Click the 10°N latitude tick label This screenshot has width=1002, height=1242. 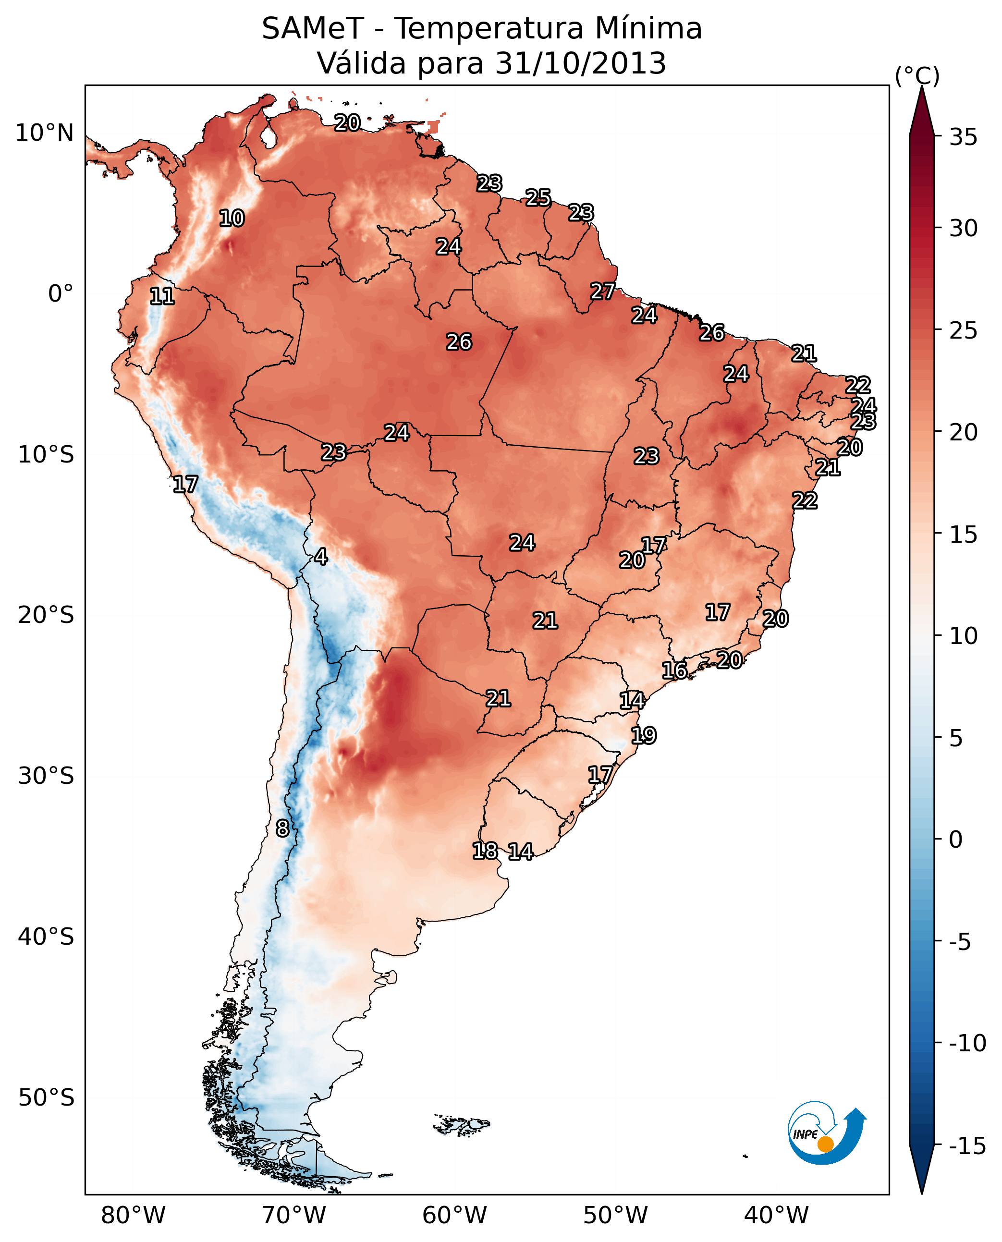pos(45,134)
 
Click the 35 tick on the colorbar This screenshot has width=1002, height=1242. pos(963,137)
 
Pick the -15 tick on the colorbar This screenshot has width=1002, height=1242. pos(967,1146)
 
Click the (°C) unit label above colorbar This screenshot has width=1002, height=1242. pos(917,75)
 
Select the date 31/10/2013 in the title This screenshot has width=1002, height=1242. pos(581,63)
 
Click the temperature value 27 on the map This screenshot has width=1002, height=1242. pos(602,292)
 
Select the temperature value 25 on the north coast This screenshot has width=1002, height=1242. pos(538,198)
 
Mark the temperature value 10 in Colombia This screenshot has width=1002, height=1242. pos(232,219)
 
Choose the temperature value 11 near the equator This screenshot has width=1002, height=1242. pos(162,297)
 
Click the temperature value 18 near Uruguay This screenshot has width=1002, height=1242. pos(485,851)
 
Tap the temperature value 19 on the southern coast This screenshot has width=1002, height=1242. pos(644,736)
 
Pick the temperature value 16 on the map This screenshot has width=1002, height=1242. pos(674,670)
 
